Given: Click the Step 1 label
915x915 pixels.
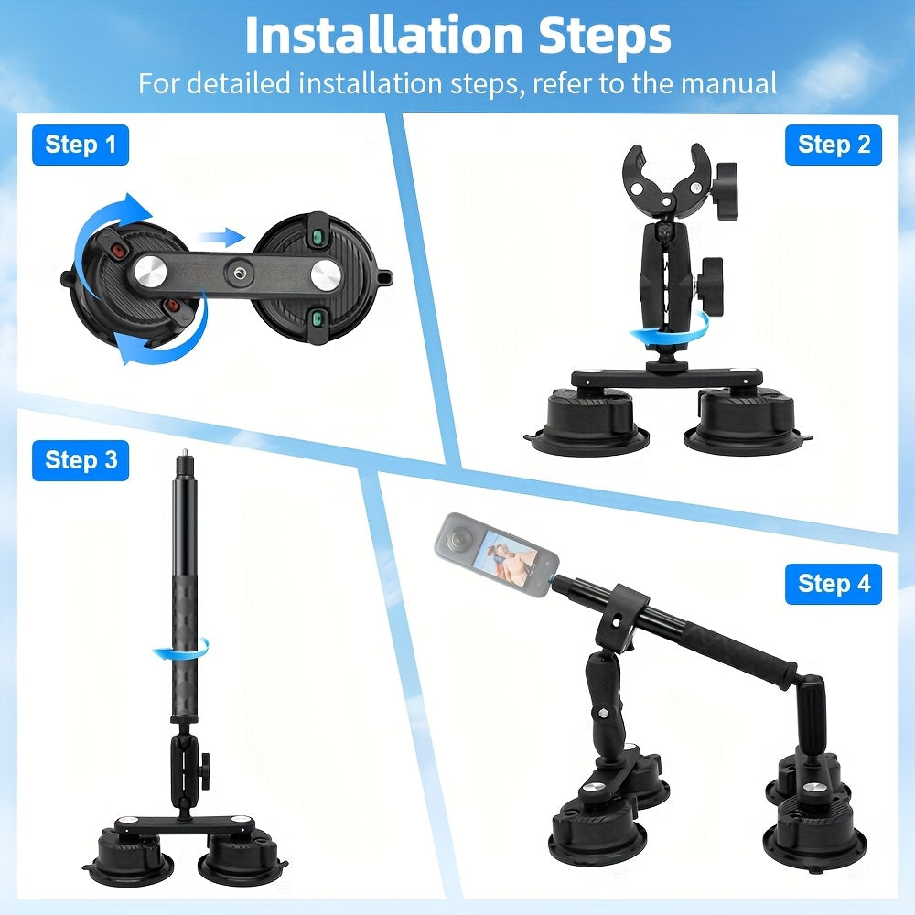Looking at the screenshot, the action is coord(81,145).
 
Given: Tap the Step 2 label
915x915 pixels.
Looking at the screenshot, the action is coord(834,145).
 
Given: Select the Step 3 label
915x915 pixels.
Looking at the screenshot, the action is coord(81,460).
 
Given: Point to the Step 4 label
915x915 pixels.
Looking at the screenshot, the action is coord(834,584).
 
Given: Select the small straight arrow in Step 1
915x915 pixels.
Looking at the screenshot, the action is coord(222,237).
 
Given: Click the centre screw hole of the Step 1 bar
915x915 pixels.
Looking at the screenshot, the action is coord(239,273).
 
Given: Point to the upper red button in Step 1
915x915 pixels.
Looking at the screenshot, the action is coord(119,251).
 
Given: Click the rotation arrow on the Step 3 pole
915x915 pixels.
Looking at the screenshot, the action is coord(180,649).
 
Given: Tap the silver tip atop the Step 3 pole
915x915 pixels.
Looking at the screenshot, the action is coord(185,452).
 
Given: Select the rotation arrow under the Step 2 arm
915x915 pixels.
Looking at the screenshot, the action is coord(670,331).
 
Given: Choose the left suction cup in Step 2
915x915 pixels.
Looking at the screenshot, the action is coord(589,423).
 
